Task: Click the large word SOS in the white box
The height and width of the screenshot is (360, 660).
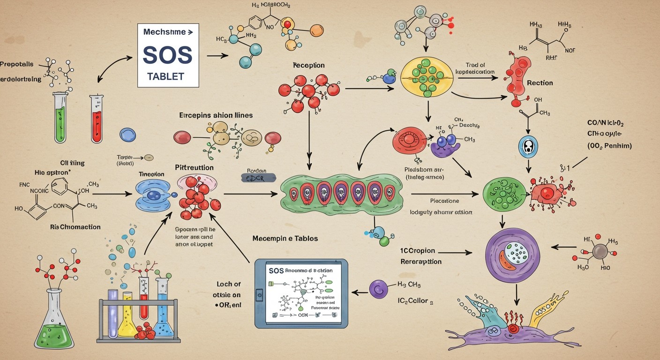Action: (x=167, y=55)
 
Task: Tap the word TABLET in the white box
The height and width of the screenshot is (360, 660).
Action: (x=165, y=76)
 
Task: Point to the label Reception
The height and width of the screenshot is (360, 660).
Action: (x=308, y=66)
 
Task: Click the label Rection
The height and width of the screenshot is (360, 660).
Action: (x=540, y=83)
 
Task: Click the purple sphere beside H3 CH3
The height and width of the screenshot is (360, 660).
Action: (x=379, y=289)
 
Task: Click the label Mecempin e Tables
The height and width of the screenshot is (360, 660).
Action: (x=285, y=239)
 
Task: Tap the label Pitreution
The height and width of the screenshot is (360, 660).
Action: (x=194, y=167)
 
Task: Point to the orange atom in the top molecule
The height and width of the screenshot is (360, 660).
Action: (x=317, y=30)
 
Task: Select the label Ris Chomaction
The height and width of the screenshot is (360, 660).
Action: (x=75, y=227)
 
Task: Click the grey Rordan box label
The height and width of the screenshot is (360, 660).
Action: (x=257, y=177)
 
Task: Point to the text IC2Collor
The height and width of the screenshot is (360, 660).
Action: (x=412, y=301)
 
